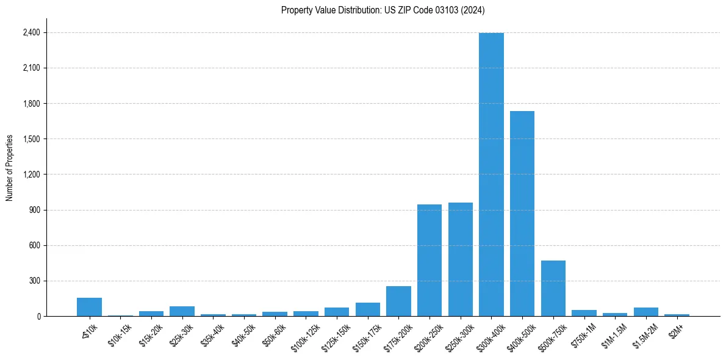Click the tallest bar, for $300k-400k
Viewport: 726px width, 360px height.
click(491, 175)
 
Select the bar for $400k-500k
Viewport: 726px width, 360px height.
click(522, 214)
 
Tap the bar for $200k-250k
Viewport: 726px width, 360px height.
click(429, 261)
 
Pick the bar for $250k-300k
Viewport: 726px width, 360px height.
click(461, 259)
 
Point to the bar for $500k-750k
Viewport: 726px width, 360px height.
click(553, 289)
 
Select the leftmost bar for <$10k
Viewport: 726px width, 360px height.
click(89, 307)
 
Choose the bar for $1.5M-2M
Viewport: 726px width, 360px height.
click(646, 312)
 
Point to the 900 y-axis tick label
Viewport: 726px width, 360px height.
click(34, 210)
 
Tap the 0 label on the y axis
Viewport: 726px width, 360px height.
click(38, 316)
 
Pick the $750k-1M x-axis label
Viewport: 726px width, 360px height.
click(583, 333)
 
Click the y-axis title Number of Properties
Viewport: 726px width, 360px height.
click(9, 168)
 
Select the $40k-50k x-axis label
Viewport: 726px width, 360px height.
click(243, 333)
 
